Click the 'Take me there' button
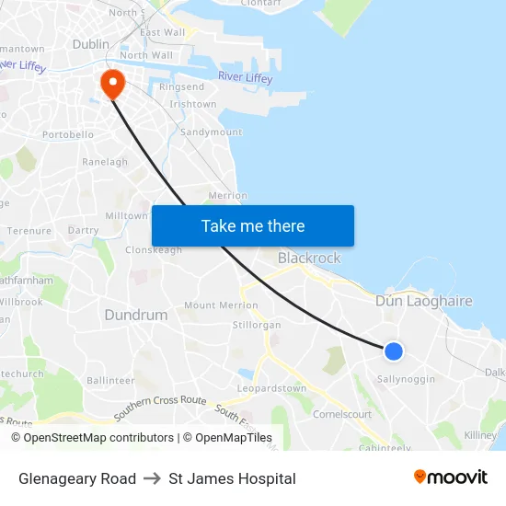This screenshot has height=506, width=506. [253, 226]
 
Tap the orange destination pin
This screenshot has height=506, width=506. [113, 85]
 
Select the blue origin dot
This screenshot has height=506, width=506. [393, 351]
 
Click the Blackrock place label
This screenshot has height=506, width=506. [309, 259]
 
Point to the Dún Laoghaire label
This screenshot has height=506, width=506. [423, 301]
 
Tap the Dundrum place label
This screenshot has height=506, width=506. [136, 315]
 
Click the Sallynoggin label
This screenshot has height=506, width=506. [407, 379]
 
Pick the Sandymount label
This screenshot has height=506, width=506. [212, 132]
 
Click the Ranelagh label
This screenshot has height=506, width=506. [105, 162]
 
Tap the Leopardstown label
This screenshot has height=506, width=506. [271, 388]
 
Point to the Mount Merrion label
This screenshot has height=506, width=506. [221, 305]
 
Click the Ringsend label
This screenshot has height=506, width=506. [181, 87]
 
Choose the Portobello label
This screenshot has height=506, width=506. [68, 134]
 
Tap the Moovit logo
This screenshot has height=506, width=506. [451, 477]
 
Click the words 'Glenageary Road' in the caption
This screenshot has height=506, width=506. [77, 478]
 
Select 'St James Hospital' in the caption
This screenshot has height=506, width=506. [232, 478]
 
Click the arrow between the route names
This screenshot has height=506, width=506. [153, 478]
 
